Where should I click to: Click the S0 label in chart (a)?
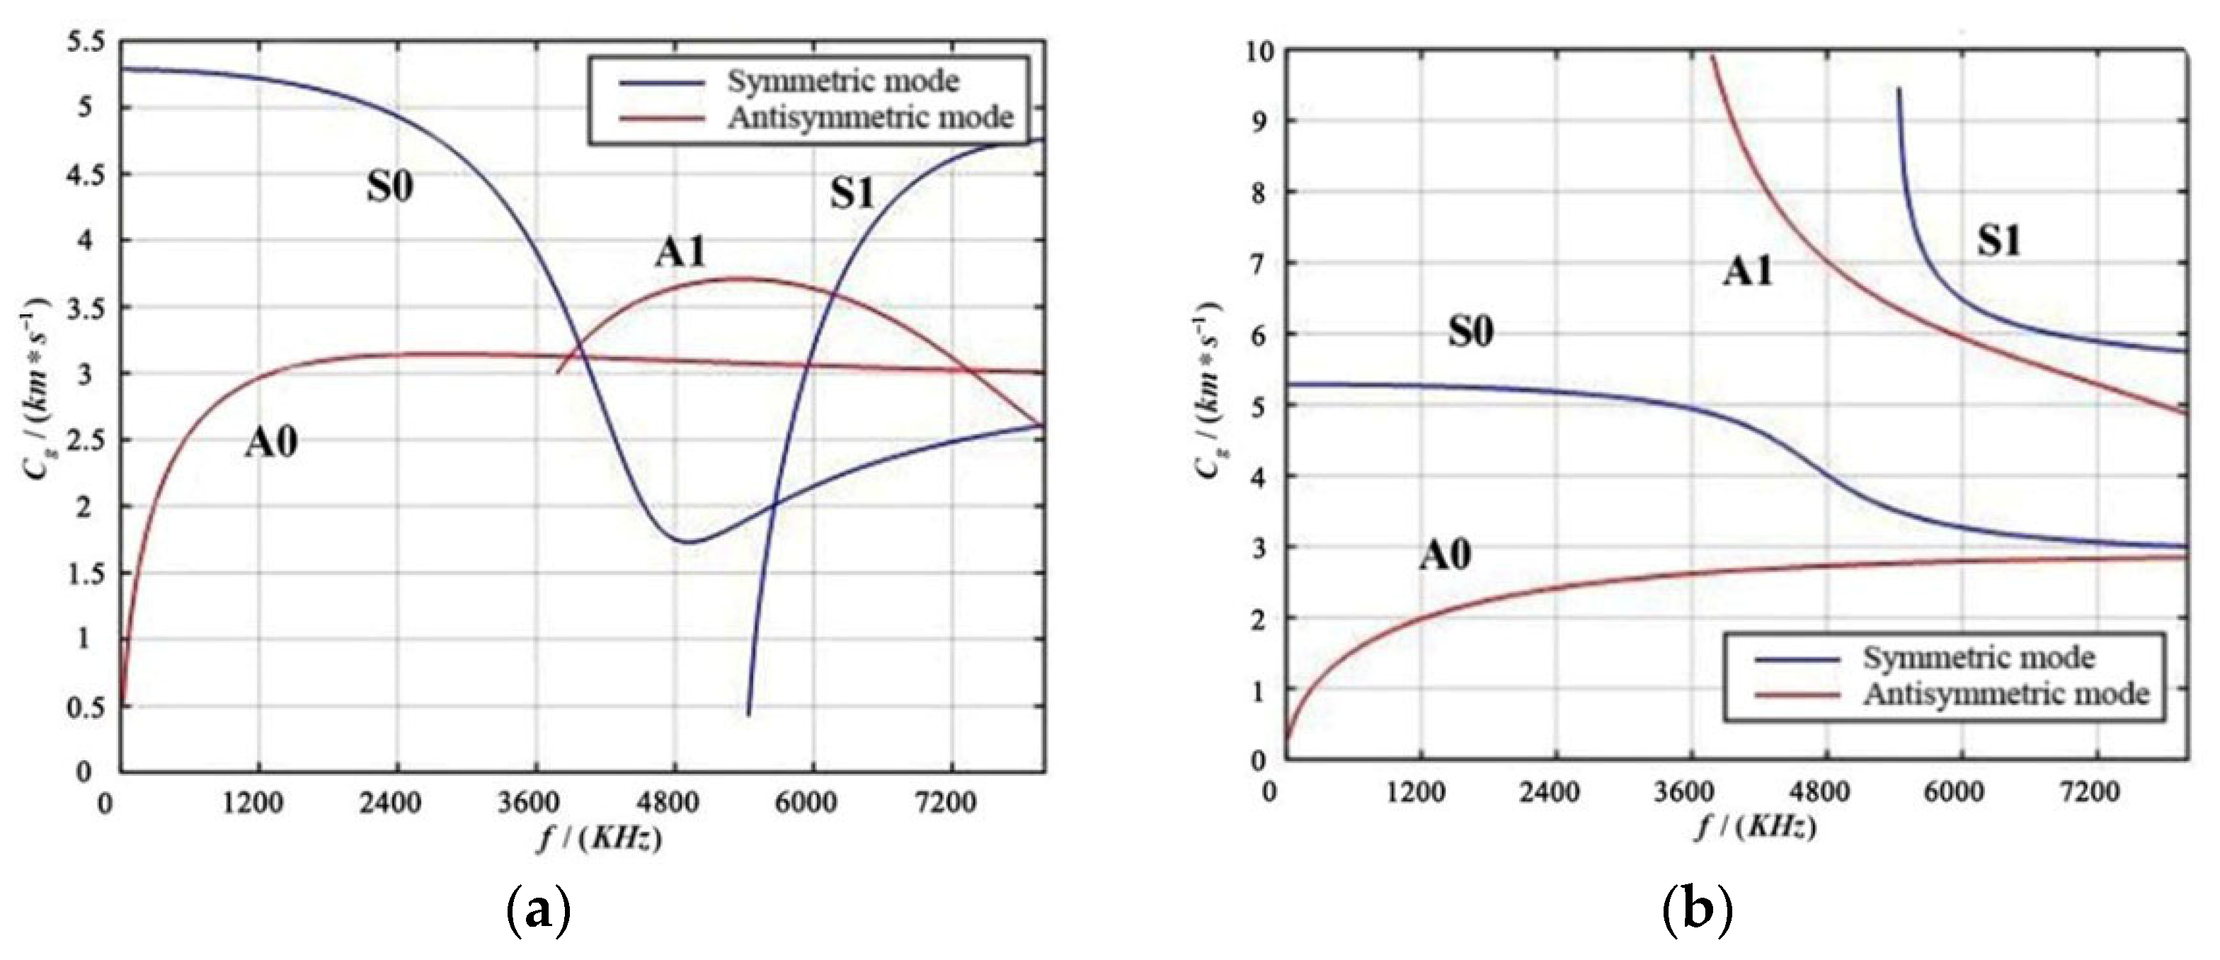(x=389, y=187)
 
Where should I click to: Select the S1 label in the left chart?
(x=852, y=194)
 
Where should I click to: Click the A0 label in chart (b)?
(x=1446, y=555)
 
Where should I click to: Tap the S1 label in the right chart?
(x=1998, y=241)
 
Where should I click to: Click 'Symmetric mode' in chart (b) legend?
(x=1979, y=658)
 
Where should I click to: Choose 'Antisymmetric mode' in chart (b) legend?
(x=2006, y=695)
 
